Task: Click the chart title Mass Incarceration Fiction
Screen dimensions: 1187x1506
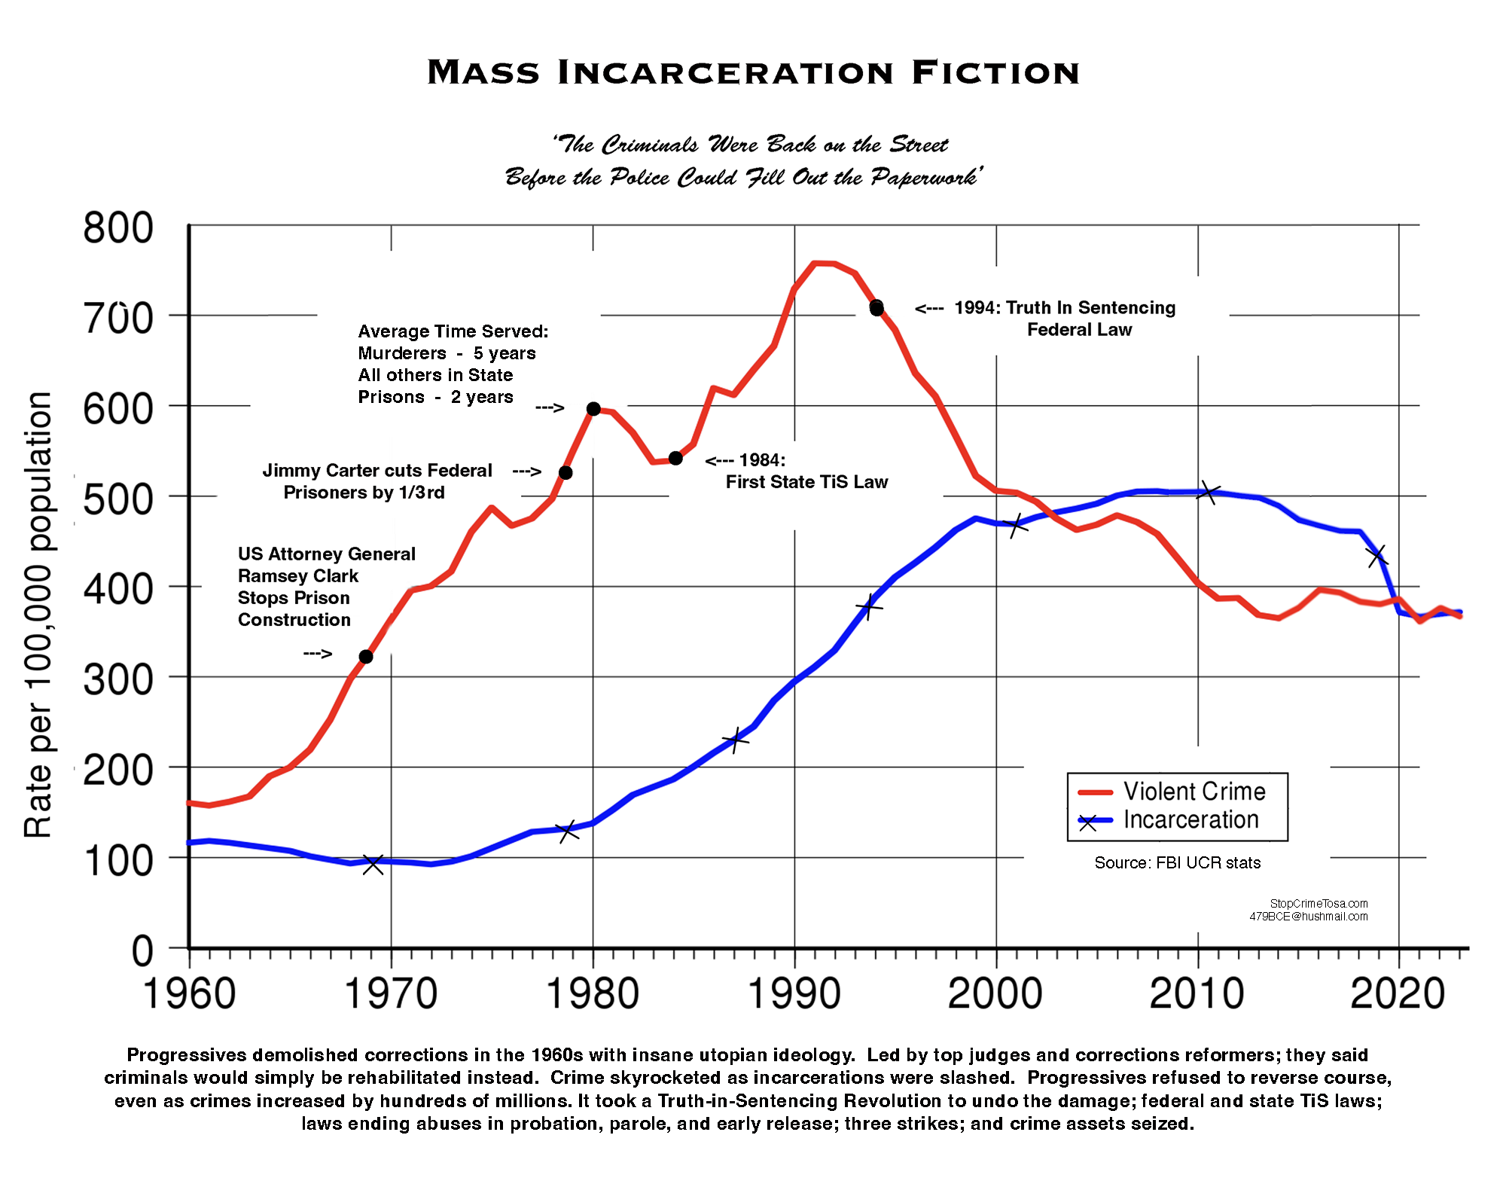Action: tap(753, 72)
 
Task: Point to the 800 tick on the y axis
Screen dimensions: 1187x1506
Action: tap(118, 227)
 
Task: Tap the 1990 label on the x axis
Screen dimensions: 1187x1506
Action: tap(794, 994)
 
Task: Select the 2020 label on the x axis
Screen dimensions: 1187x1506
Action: tap(1398, 994)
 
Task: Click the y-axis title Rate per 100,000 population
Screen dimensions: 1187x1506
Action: tap(38, 614)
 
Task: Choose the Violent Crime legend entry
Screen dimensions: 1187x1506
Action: tap(1194, 792)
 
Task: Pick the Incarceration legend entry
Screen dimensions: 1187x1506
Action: tap(1190, 820)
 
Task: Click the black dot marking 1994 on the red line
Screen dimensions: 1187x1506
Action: tap(876, 307)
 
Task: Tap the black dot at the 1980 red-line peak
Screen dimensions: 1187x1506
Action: tap(593, 409)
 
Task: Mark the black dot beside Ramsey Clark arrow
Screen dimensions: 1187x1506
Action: tap(366, 657)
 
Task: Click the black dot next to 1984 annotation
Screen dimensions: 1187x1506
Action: tap(675, 459)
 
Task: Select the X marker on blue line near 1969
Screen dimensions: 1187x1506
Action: tap(373, 864)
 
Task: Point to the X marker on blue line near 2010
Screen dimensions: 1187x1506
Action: tap(1209, 493)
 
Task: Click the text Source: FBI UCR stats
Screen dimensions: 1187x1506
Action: tap(1177, 863)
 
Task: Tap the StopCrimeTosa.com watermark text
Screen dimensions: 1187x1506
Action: tap(1319, 903)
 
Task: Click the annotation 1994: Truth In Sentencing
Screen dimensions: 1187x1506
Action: tap(1064, 308)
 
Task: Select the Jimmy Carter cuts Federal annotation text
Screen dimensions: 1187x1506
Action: tap(376, 471)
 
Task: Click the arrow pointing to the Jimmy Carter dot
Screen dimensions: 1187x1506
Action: tap(527, 472)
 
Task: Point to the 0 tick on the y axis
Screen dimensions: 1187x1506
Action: tap(142, 951)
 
